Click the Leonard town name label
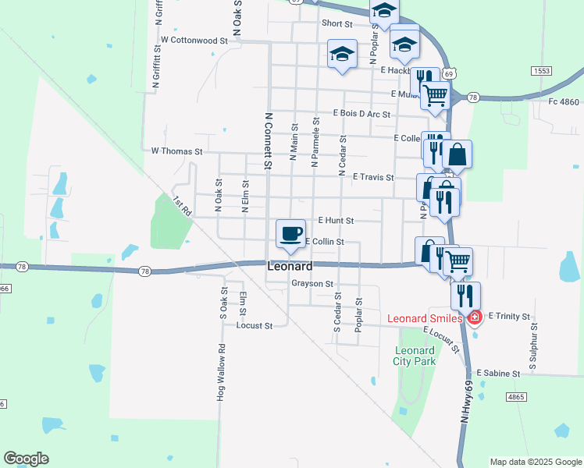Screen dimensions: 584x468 290,266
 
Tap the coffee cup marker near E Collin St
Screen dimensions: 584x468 290,233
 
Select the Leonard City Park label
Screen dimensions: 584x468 414,356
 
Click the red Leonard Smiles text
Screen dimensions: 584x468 426,318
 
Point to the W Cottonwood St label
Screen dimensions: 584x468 194,39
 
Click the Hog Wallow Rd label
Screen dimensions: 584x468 221,374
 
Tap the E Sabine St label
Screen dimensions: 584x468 498,374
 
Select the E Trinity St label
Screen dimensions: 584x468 509,317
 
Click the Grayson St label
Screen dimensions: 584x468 312,284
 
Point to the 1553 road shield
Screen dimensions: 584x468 542,70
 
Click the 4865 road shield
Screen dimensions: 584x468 515,397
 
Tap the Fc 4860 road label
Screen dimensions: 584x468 564,101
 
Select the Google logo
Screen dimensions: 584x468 26,459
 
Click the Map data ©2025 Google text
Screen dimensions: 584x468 536,462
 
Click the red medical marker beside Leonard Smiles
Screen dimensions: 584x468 474,317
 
